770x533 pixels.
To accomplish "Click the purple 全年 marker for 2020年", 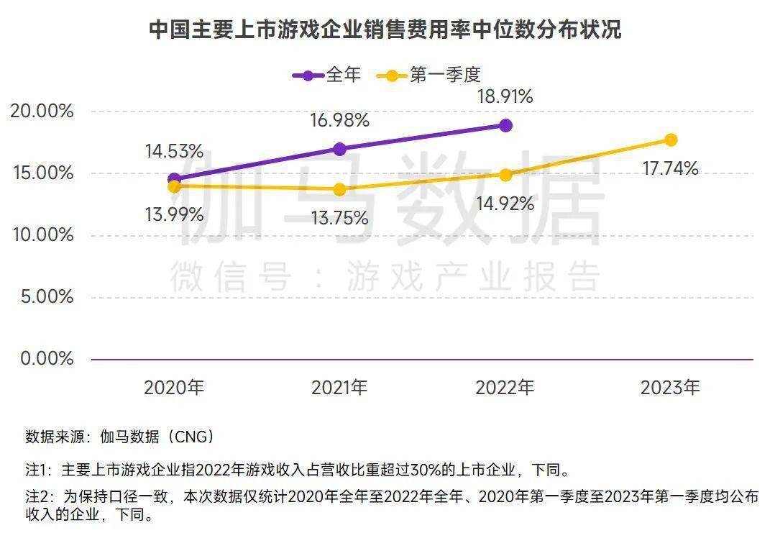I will coord(174,179).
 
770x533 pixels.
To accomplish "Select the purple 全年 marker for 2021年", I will coord(339,149).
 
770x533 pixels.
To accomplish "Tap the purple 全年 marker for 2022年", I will coord(505,125).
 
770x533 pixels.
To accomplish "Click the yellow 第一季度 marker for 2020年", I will coord(174,186).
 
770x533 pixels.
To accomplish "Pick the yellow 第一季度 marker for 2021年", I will coord(339,189).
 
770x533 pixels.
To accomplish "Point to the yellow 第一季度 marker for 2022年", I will coord(505,175).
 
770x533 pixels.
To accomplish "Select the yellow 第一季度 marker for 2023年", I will coord(671,140).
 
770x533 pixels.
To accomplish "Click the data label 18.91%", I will coord(505,97).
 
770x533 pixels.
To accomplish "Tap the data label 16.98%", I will coord(339,121).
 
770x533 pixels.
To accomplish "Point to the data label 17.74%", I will coord(670,169).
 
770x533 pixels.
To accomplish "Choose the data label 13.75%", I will coord(339,218).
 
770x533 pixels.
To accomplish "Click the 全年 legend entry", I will coord(327,75).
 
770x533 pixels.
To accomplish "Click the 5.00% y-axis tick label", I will coord(47,297).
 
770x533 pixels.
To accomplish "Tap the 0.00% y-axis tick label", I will coord(47,358).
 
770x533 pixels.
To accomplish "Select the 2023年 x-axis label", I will coord(670,388).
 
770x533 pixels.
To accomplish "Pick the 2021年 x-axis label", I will coord(339,388).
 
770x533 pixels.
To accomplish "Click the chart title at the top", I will coord(385,30).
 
